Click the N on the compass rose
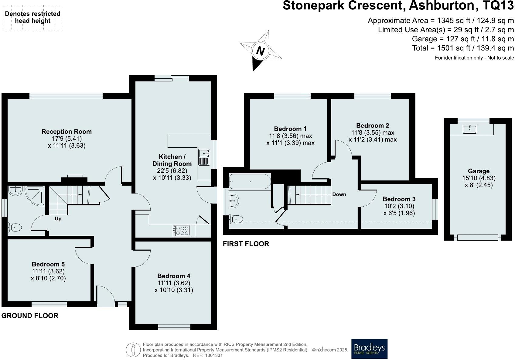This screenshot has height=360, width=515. (260, 51)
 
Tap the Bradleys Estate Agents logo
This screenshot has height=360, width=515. (369, 348)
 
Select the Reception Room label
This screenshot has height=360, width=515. (67, 132)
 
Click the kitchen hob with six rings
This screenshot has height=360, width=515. (181, 231)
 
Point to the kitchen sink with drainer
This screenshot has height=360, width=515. (204, 157)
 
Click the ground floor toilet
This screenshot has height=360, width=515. (15, 228)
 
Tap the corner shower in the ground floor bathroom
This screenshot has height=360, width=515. (35, 196)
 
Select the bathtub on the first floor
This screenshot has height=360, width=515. (250, 181)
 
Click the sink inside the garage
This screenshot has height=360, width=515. (470, 129)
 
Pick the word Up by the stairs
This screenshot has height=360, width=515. (58, 218)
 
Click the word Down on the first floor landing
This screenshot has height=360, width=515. (339, 194)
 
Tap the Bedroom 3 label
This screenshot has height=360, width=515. (399, 199)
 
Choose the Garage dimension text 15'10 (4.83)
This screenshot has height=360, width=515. (479, 178)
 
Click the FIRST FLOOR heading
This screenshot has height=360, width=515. (246, 244)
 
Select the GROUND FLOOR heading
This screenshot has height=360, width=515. (30, 316)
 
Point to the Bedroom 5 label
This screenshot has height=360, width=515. (48, 264)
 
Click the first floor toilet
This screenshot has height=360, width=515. (236, 219)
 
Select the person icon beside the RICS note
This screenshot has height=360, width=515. (133, 350)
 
